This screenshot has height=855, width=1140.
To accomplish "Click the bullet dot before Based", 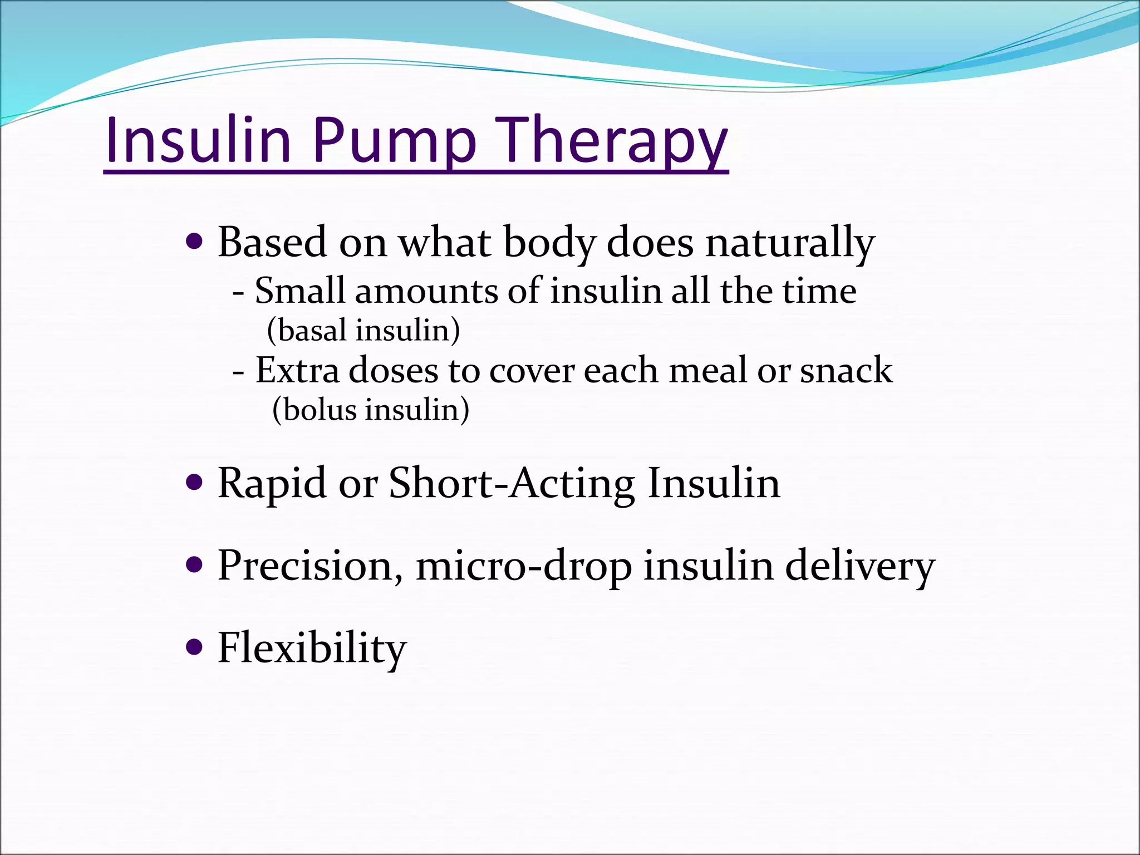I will (193, 242).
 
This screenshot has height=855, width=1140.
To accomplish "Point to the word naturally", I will (790, 243).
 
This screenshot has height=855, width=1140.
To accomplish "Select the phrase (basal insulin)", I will (363, 330).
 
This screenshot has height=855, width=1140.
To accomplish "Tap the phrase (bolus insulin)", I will (371, 410).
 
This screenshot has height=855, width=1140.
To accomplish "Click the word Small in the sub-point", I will (299, 291).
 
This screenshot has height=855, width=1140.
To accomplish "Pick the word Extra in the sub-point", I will (297, 370).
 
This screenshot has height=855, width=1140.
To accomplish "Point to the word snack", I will (846, 370).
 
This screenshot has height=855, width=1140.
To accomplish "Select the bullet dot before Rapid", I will (193, 482).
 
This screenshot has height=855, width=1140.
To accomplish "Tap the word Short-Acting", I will (512, 483).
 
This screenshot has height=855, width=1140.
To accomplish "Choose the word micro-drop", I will (524, 566).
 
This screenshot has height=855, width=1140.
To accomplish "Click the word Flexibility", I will (312, 648).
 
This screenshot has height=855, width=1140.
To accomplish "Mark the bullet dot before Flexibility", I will (193, 647).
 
